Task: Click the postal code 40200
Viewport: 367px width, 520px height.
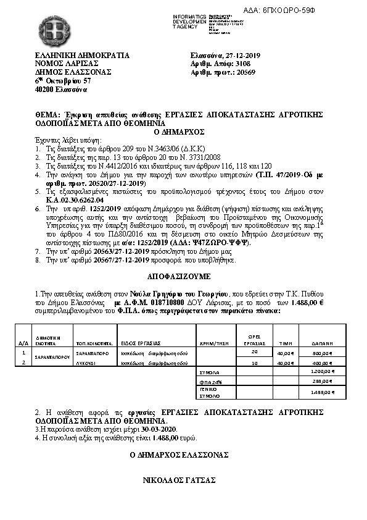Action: coord(44,89)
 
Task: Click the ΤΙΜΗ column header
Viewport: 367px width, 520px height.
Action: coord(286,342)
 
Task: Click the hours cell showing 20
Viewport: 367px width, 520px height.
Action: coord(255,351)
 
